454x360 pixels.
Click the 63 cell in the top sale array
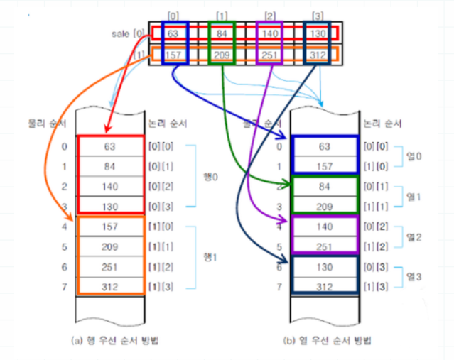coord(174,33)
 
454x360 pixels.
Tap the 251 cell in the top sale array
coord(269,54)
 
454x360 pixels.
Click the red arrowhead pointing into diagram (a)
coord(107,129)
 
